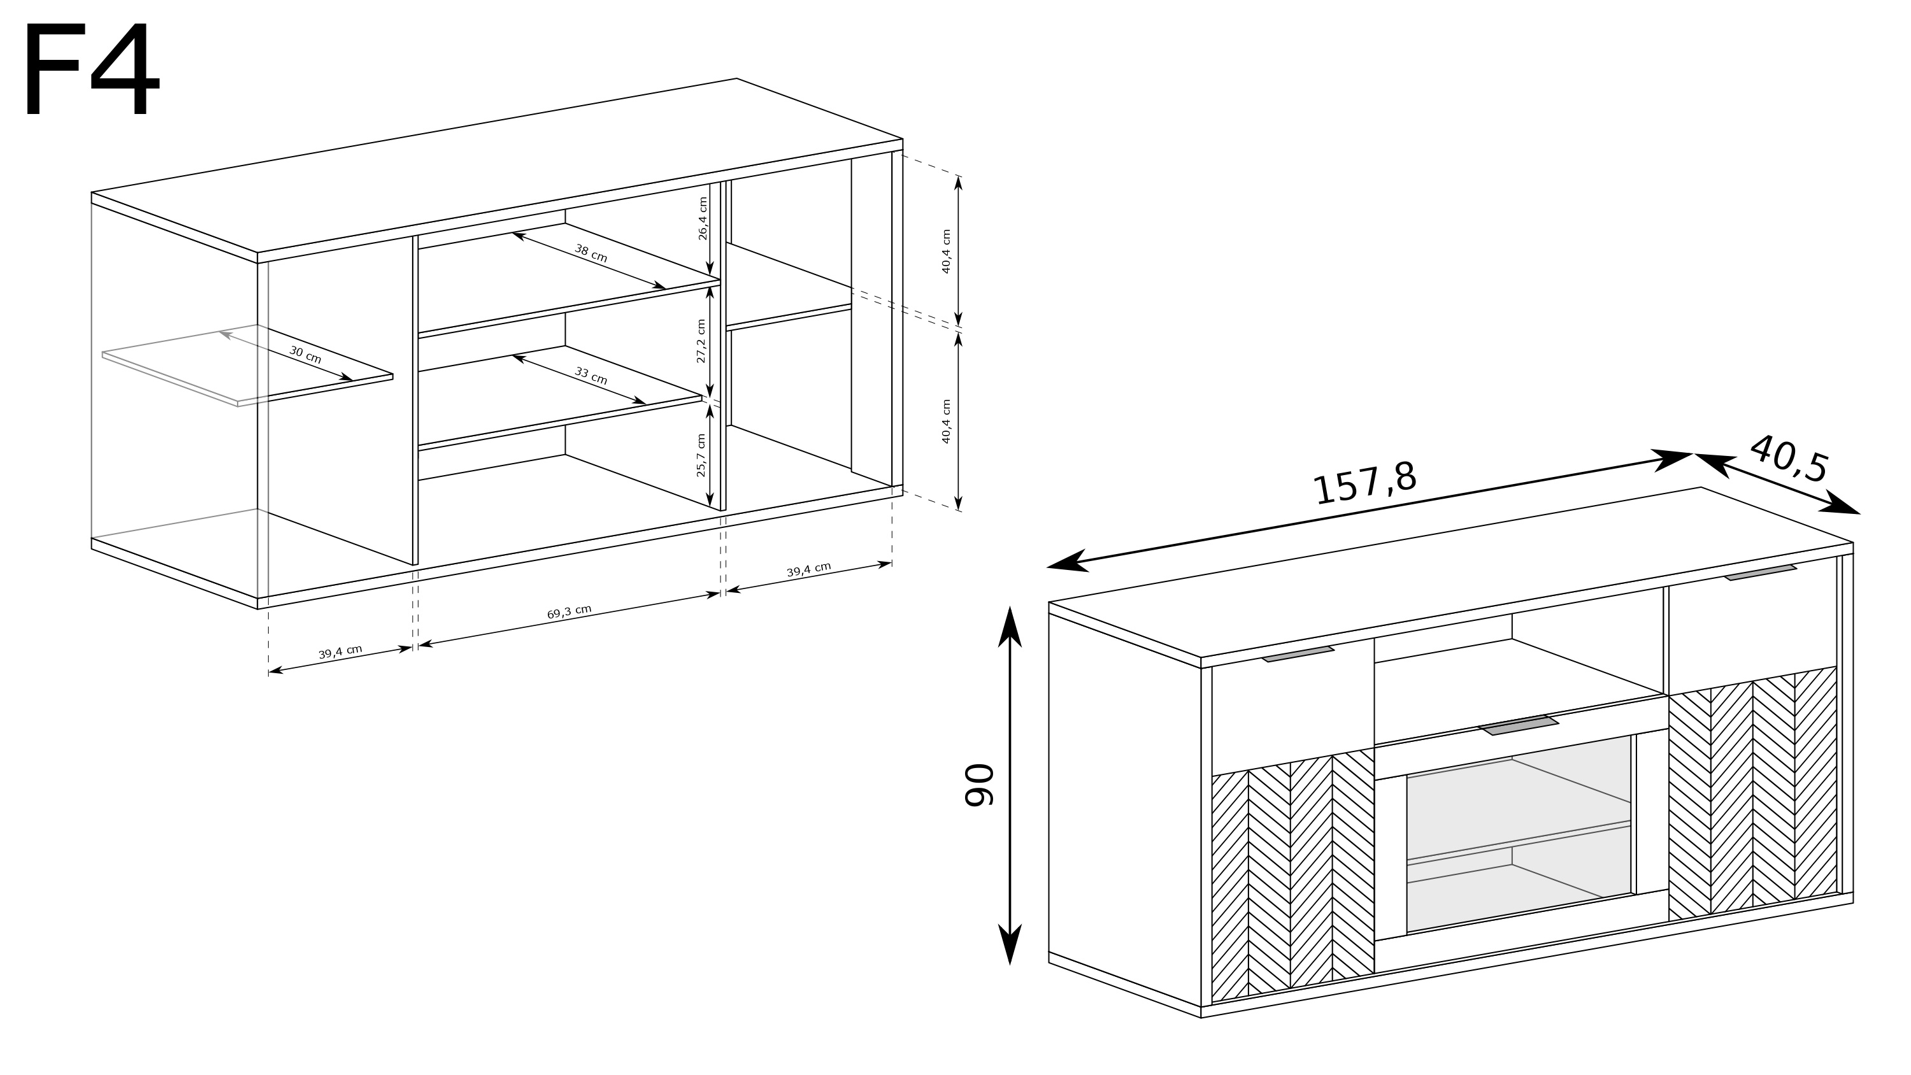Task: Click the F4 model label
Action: click(x=92, y=70)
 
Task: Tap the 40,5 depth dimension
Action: click(x=1788, y=459)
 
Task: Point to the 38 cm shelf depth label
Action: click(x=591, y=253)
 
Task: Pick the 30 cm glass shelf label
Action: click(x=305, y=355)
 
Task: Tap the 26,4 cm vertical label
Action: click(x=703, y=218)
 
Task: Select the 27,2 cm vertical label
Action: click(x=701, y=341)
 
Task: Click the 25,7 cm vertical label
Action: click(x=701, y=455)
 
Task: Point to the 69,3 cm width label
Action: click(x=569, y=612)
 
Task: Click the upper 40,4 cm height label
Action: click(x=946, y=252)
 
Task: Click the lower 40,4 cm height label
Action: click(x=946, y=422)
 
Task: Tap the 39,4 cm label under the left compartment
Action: click(x=341, y=652)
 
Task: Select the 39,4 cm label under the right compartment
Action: click(x=808, y=570)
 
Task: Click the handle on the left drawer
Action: click(x=1298, y=653)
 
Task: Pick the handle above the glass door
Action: click(x=1519, y=725)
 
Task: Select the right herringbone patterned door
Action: click(x=1753, y=792)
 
